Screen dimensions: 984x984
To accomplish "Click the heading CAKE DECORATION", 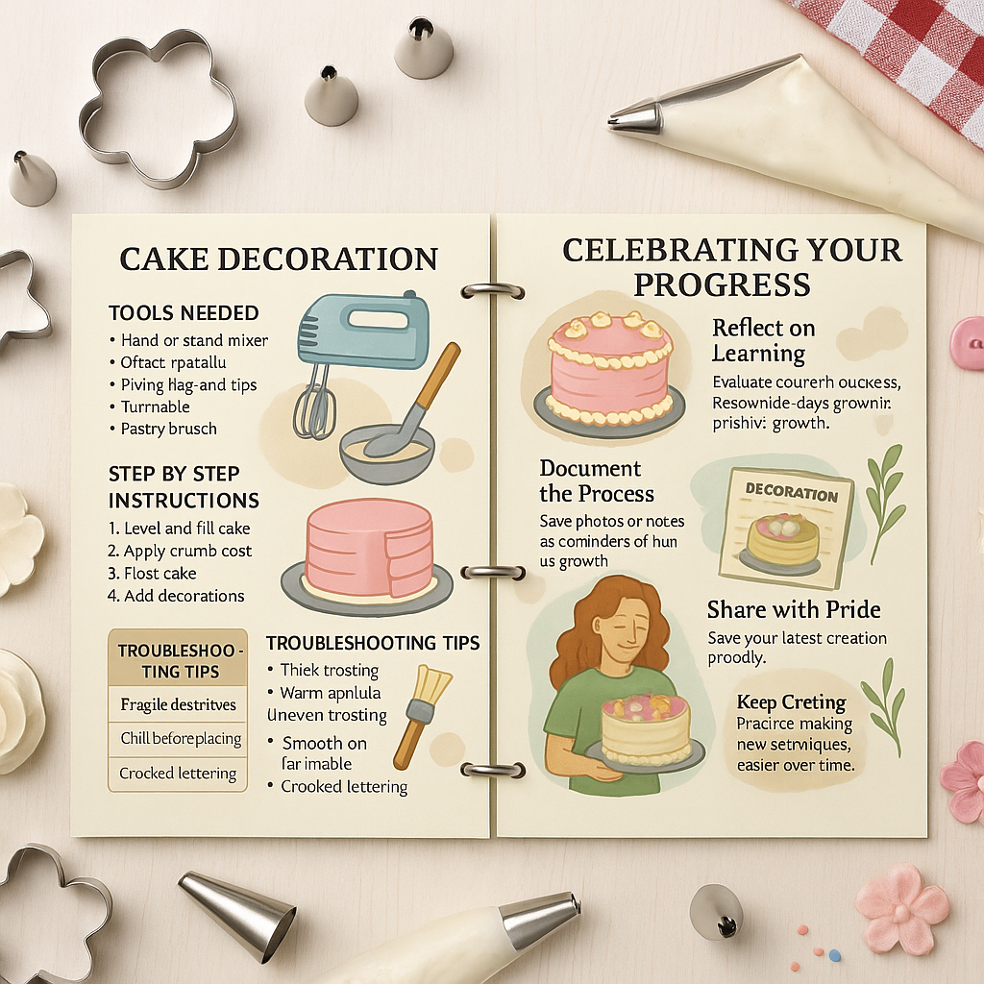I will (278, 258).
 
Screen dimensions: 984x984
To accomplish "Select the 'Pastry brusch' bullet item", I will (169, 429).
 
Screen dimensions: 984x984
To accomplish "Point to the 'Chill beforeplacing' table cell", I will (181, 739).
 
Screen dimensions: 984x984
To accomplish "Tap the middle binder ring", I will (492, 572).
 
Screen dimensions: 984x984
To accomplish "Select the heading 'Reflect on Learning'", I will (763, 340).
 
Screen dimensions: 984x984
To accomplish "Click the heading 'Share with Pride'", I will (794, 609).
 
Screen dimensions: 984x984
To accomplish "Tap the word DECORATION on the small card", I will (791, 494).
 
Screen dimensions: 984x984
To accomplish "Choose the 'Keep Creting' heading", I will (791, 701).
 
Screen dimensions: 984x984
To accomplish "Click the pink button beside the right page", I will (967, 342).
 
